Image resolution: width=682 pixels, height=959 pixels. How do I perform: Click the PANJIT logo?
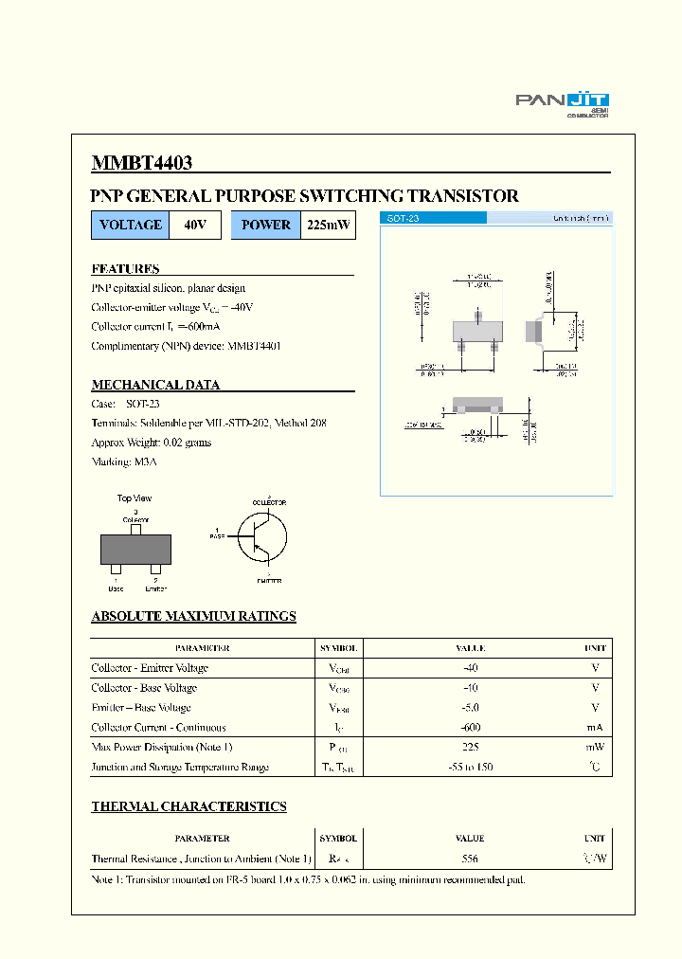tap(562, 102)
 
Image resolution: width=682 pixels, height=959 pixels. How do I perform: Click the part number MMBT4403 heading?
tap(141, 163)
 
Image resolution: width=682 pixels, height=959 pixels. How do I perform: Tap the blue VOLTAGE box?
tap(130, 226)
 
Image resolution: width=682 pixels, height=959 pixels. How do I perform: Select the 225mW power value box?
tap(328, 226)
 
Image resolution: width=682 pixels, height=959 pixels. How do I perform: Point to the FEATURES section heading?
tap(125, 268)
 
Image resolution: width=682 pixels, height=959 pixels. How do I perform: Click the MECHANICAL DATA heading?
tap(155, 385)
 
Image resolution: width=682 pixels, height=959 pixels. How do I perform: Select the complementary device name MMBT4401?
tap(254, 346)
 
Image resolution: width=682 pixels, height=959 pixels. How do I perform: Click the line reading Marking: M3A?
tap(124, 461)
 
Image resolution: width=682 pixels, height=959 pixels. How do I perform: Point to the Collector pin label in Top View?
tap(135, 519)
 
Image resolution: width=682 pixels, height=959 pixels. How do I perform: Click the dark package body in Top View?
tap(135, 550)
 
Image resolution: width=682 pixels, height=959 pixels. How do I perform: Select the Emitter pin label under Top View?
tap(155, 588)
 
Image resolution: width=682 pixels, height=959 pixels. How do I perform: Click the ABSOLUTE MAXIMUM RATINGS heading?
tap(193, 616)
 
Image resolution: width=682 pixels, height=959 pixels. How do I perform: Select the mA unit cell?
tap(594, 728)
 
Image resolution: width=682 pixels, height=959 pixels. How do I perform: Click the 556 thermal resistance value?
tap(470, 859)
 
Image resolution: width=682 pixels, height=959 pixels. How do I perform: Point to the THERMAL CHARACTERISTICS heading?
tap(188, 806)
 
